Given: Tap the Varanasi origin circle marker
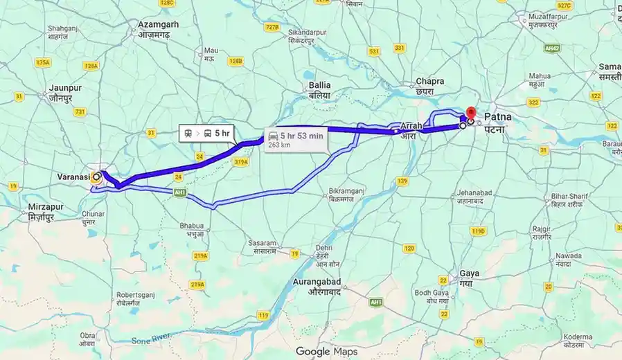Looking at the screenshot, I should click(x=97, y=177).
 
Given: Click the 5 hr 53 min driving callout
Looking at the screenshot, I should click(x=296, y=139).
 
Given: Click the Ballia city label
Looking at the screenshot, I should click(x=319, y=89).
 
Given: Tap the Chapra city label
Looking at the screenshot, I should click(x=425, y=86).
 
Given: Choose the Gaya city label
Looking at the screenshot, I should click(x=469, y=278).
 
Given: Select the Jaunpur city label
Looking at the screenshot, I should click(x=66, y=93).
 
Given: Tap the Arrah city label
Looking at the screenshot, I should click(x=411, y=130).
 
